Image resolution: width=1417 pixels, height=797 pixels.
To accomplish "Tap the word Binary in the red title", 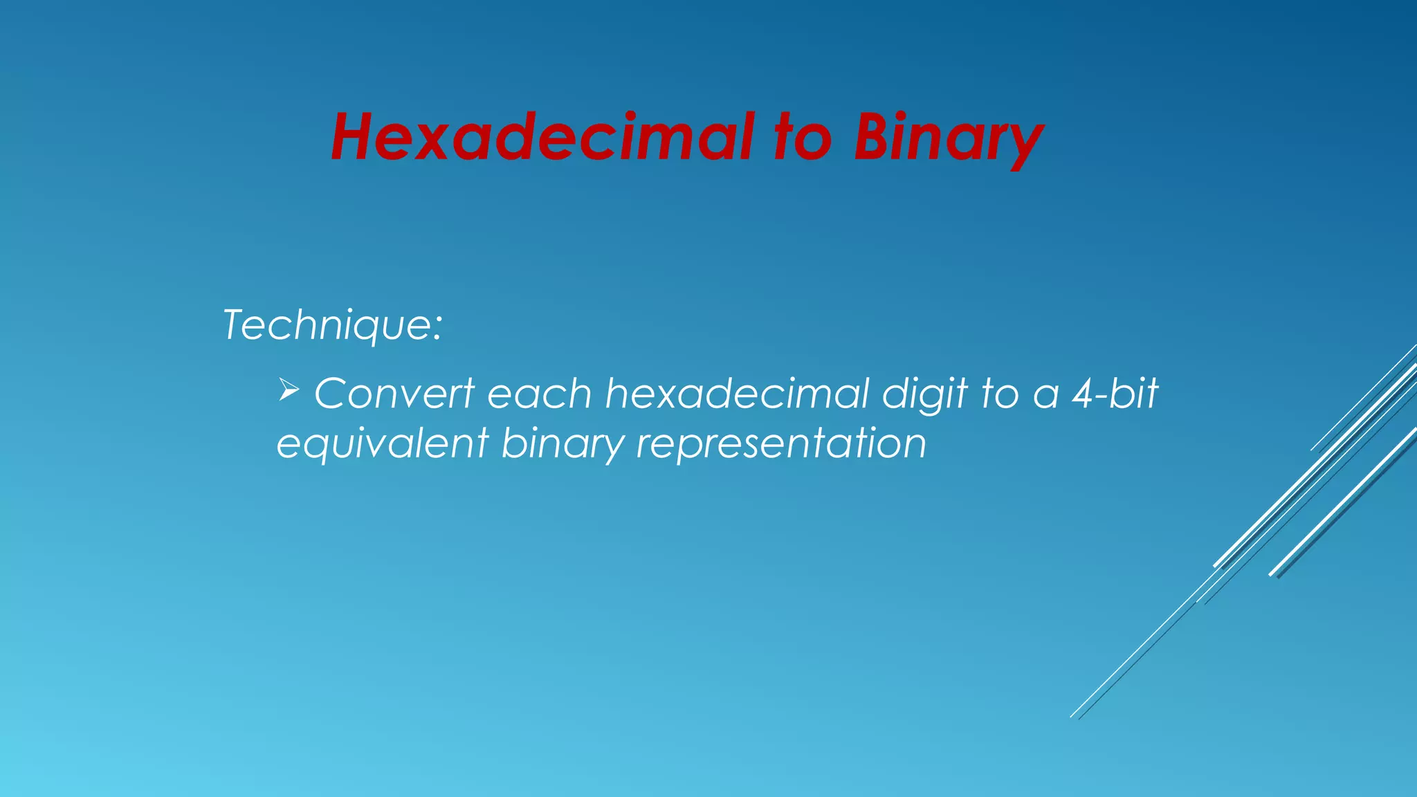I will coord(947,138).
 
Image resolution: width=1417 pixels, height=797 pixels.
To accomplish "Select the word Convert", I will coord(394,394).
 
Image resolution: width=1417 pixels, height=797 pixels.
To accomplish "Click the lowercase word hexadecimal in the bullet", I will coord(737,394).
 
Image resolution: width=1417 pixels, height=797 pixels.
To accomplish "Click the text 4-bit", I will coord(1115,394).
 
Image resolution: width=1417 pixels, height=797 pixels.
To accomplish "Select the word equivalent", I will coord(383,444).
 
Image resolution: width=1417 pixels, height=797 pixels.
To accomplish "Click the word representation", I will coord(781,444).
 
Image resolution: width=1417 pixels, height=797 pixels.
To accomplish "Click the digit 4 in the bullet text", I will coord(1084,394).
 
